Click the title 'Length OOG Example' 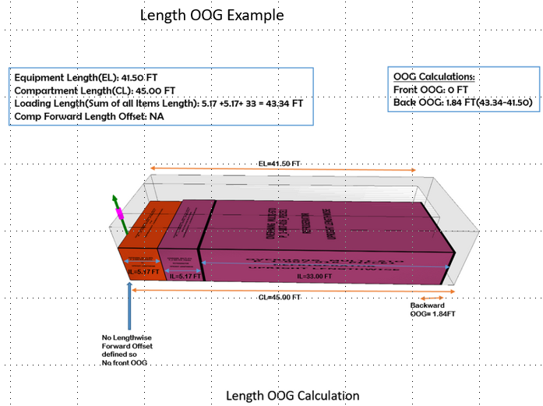pyautogui.click(x=211, y=15)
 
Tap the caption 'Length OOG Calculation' pyautogui.click(x=293, y=395)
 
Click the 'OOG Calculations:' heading pyautogui.click(x=434, y=77)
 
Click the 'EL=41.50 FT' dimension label pyautogui.click(x=279, y=164)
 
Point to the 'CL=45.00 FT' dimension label pyautogui.click(x=279, y=297)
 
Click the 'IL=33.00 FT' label pyautogui.click(x=315, y=276)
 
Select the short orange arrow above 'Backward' pyautogui.click(x=432, y=298)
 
